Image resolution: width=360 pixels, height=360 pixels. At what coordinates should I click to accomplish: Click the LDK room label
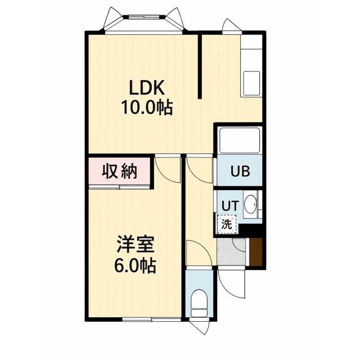(x=147, y=88)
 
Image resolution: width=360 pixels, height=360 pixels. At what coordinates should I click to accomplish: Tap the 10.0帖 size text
(x=147, y=108)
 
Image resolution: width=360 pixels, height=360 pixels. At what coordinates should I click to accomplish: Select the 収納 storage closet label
(x=119, y=171)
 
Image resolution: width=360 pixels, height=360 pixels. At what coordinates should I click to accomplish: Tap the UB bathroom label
(x=240, y=171)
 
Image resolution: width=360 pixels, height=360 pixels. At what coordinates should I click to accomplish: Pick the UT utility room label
(x=231, y=205)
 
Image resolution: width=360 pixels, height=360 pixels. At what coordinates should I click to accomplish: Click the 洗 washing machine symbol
(x=227, y=224)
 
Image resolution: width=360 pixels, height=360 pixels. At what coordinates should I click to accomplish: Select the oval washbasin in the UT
(x=250, y=204)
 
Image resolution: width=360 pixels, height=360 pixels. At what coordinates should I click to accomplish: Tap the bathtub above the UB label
(x=240, y=140)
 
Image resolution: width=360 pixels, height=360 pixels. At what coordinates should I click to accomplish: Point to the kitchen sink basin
(x=252, y=83)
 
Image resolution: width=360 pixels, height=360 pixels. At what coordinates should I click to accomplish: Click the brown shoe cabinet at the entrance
(x=256, y=252)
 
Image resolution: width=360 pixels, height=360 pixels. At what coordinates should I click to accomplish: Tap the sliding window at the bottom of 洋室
(x=152, y=158)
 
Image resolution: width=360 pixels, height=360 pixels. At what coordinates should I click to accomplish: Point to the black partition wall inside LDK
(x=200, y=66)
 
